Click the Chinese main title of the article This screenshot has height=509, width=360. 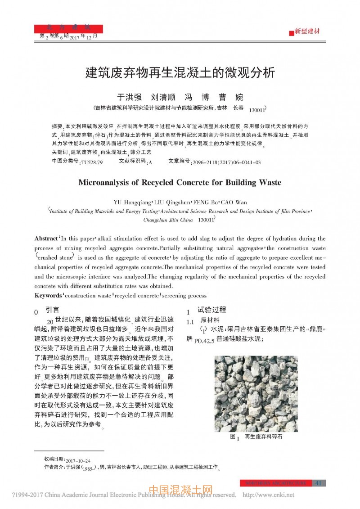[x=180, y=73]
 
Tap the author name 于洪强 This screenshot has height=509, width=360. [x=129, y=97]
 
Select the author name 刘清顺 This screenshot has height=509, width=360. [x=162, y=97]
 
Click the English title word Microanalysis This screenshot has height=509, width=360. [x=105, y=183]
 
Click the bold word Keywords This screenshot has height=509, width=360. [x=48, y=296]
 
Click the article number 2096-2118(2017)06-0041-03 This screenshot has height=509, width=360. [x=226, y=162]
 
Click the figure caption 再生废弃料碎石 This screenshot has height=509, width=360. [x=264, y=437]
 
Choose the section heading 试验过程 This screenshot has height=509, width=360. [x=211, y=310]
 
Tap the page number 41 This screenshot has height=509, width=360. [x=319, y=483]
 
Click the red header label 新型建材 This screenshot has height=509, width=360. [x=307, y=32]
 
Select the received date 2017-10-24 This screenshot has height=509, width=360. [x=78, y=461]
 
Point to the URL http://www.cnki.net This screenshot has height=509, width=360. [x=269, y=495]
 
